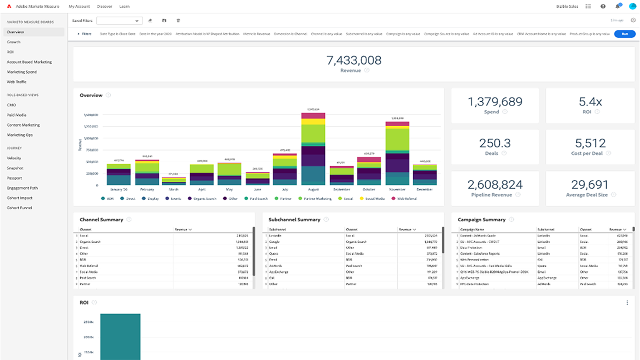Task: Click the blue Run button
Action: [624, 34]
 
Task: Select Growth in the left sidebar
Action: [14, 42]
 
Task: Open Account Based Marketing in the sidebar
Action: [29, 62]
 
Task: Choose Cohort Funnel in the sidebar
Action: [19, 208]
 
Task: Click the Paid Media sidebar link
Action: [16, 115]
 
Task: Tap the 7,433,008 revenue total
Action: [353, 61]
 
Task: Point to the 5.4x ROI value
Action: [590, 102]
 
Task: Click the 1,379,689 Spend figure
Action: [495, 102]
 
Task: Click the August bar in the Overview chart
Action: [313, 150]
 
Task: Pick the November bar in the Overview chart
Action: [397, 155]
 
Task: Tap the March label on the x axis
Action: [174, 189]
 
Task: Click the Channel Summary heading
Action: [101, 219]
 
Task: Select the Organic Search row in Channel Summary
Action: [90, 241]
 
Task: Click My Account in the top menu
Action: [79, 6]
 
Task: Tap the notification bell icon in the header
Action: [617, 6]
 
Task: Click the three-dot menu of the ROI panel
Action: [627, 302]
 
